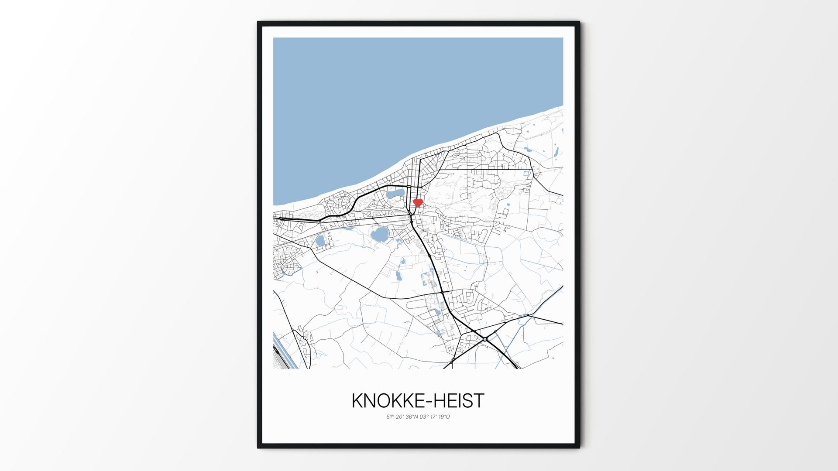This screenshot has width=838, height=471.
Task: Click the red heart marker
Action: point(418,202)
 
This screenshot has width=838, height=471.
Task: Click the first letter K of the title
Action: point(357,401)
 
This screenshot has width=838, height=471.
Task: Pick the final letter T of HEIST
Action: point(479,401)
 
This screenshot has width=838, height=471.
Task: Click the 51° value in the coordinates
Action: point(390,416)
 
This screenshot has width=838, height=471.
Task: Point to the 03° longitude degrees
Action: point(424,416)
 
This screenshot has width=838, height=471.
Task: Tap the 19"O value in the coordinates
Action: point(444,416)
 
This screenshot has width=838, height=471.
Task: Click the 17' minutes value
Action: point(434,416)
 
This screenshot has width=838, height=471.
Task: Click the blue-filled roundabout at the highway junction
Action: point(485,339)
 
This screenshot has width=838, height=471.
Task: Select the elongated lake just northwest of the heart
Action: point(90,193)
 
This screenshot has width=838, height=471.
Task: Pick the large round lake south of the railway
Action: point(74,235)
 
